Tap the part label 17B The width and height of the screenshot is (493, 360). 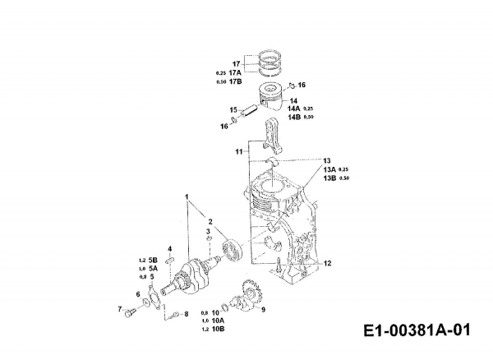point(235,81)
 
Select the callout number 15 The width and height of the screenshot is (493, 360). point(233,109)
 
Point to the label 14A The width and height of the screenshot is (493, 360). point(293,108)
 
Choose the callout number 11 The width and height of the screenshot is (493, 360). point(238,152)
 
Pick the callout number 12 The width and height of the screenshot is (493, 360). point(328,263)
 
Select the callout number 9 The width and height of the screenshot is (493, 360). point(263,311)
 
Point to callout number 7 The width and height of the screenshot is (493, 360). point(119,309)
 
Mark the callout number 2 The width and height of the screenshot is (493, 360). point(210,222)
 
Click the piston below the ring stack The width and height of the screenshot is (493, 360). point(274,96)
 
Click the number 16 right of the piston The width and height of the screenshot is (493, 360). point(302,85)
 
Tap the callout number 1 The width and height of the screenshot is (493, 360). point(187,196)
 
